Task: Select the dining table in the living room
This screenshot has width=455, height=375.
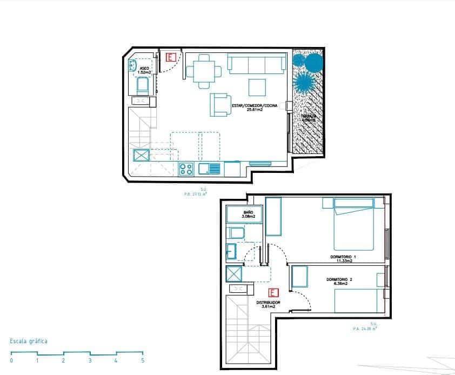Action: click(204, 71)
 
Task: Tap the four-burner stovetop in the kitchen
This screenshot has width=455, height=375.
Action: click(186, 169)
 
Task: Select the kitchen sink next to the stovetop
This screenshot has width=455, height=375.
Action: click(210, 169)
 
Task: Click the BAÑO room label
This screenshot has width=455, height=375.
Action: click(248, 215)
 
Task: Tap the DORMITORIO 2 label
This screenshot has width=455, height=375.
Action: click(339, 281)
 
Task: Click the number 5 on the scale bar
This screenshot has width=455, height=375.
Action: click(143, 360)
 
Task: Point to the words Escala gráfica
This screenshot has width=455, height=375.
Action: click(29, 341)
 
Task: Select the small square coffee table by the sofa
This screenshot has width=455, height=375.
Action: click(257, 87)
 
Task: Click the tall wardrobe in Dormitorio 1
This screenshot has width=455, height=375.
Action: click(273, 217)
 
